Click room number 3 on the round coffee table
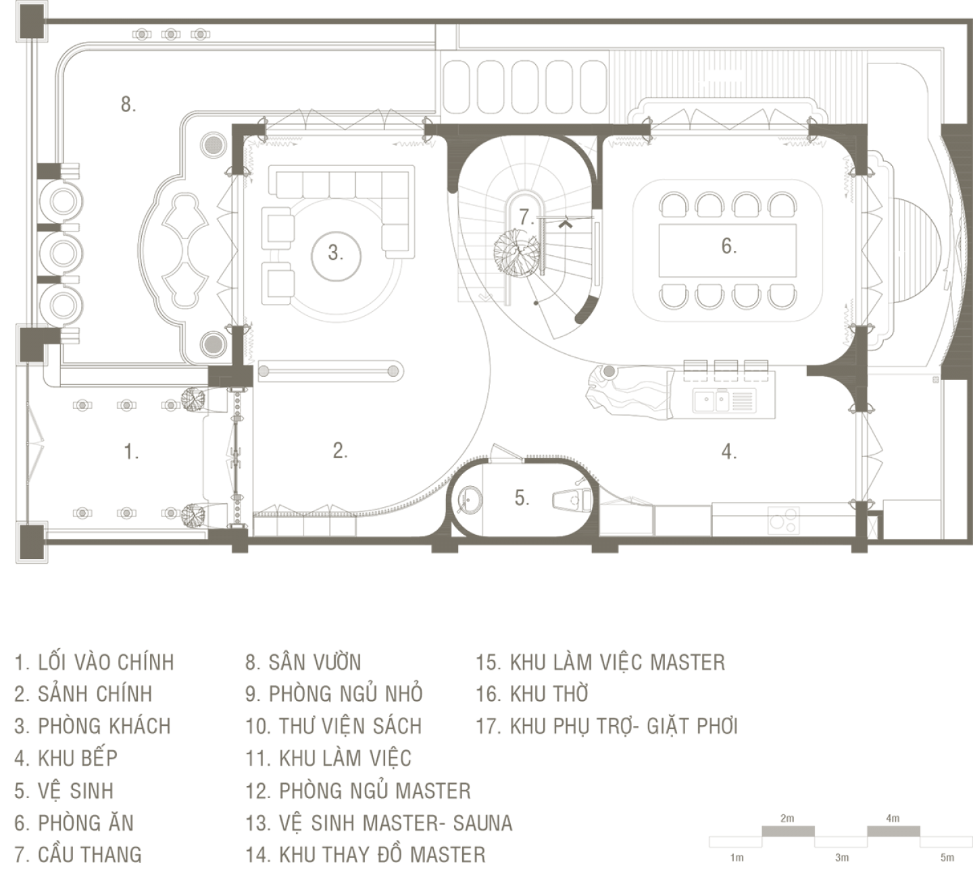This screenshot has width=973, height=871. coord(335,254)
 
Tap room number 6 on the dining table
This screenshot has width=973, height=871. coord(728,246)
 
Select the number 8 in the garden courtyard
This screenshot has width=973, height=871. coord(128,105)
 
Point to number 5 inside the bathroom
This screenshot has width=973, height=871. coord(522,498)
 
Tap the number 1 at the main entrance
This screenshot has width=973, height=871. coord(132,452)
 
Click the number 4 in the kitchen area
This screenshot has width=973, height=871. coord(728,452)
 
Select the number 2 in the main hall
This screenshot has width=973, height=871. coord(340,451)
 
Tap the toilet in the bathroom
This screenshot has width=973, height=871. coord(571,500)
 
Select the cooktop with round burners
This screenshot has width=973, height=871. coord(783,521)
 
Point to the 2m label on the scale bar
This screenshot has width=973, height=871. coord(787,818)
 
